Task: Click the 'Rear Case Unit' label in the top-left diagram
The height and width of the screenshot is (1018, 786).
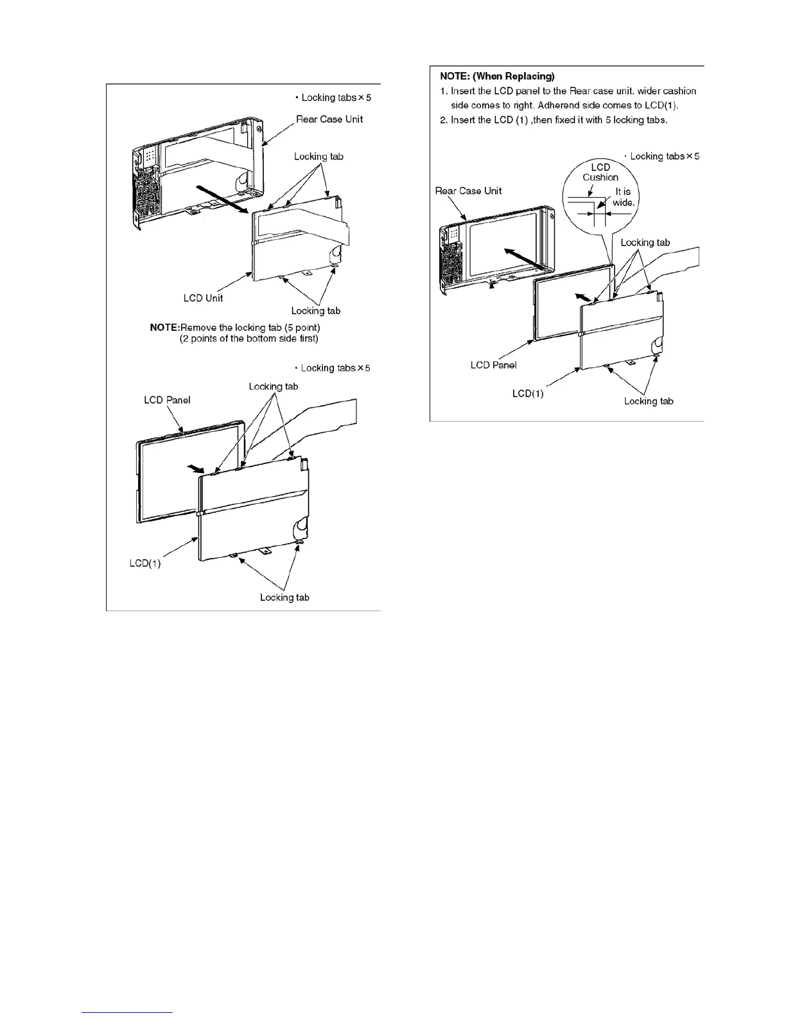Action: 329,119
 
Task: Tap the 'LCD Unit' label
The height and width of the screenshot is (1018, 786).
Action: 203,298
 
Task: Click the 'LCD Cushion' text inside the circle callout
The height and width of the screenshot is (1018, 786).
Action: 600,172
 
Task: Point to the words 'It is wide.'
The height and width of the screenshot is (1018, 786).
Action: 624,197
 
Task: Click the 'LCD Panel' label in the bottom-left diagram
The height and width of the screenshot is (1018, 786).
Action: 167,400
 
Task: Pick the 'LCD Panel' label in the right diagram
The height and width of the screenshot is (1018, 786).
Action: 493,365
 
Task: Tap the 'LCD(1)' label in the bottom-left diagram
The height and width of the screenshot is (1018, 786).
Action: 145,563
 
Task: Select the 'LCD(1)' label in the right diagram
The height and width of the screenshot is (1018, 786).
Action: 528,393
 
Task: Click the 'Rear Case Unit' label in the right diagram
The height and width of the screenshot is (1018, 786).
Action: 468,191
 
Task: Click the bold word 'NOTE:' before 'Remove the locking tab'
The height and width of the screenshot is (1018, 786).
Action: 164,328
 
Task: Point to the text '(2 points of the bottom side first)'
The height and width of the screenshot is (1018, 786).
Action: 249,339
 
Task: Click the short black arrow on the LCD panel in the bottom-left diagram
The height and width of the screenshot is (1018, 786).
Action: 193,467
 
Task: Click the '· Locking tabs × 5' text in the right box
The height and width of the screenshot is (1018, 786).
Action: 661,156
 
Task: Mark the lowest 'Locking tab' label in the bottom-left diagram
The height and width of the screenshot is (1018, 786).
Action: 284,598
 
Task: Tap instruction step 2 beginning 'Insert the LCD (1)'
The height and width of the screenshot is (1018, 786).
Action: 558,120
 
